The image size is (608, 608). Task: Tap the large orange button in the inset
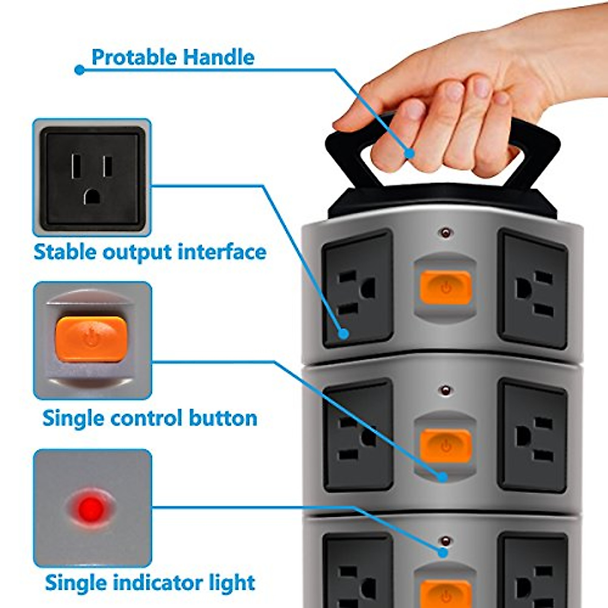pyautogui.click(x=91, y=338)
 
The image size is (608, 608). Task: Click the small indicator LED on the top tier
pyautogui.click(x=446, y=234)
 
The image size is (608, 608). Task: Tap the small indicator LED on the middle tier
pyautogui.click(x=446, y=391)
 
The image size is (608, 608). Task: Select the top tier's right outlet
pyautogui.click(x=533, y=289)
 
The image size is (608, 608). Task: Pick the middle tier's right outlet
pyautogui.click(x=533, y=437)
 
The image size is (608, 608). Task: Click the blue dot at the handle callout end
pyautogui.click(x=409, y=153)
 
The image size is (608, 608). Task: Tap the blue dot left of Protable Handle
pyautogui.click(x=79, y=70)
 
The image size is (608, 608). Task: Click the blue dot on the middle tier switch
pyautogui.click(x=442, y=477)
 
